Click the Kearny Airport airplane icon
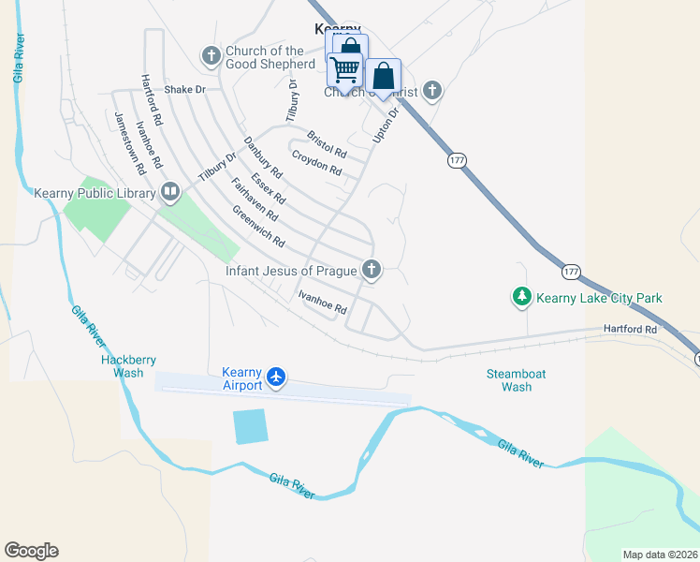275,377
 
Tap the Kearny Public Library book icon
170,193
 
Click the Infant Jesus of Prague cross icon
372,271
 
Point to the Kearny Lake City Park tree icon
521,298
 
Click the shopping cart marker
345,69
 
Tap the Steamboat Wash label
516,379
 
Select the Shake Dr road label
184,90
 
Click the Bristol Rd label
327,144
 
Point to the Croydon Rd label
316,162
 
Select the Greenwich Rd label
257,227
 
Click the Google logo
31,551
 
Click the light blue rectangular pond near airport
251,426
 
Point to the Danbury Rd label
263,157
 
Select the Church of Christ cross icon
431,91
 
